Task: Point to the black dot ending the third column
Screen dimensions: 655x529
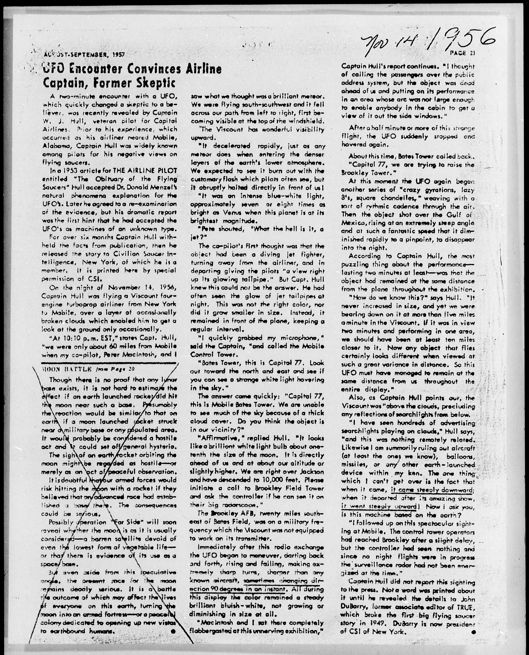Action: pyautogui.click(x=473, y=632)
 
